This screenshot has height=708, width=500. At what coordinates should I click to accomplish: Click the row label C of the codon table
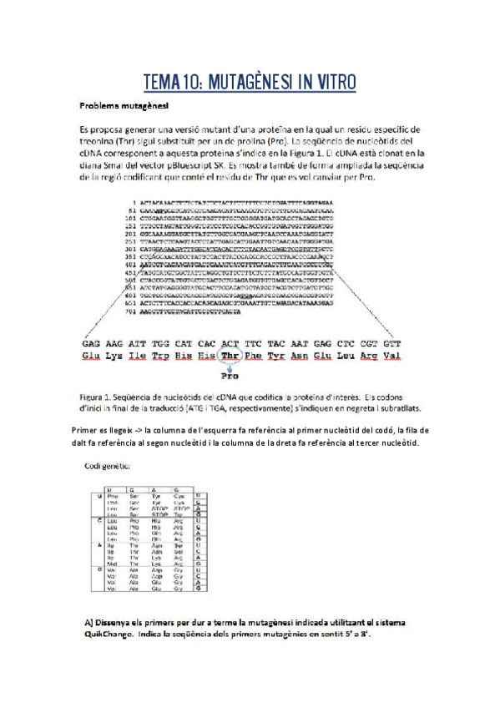click(x=99, y=520)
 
